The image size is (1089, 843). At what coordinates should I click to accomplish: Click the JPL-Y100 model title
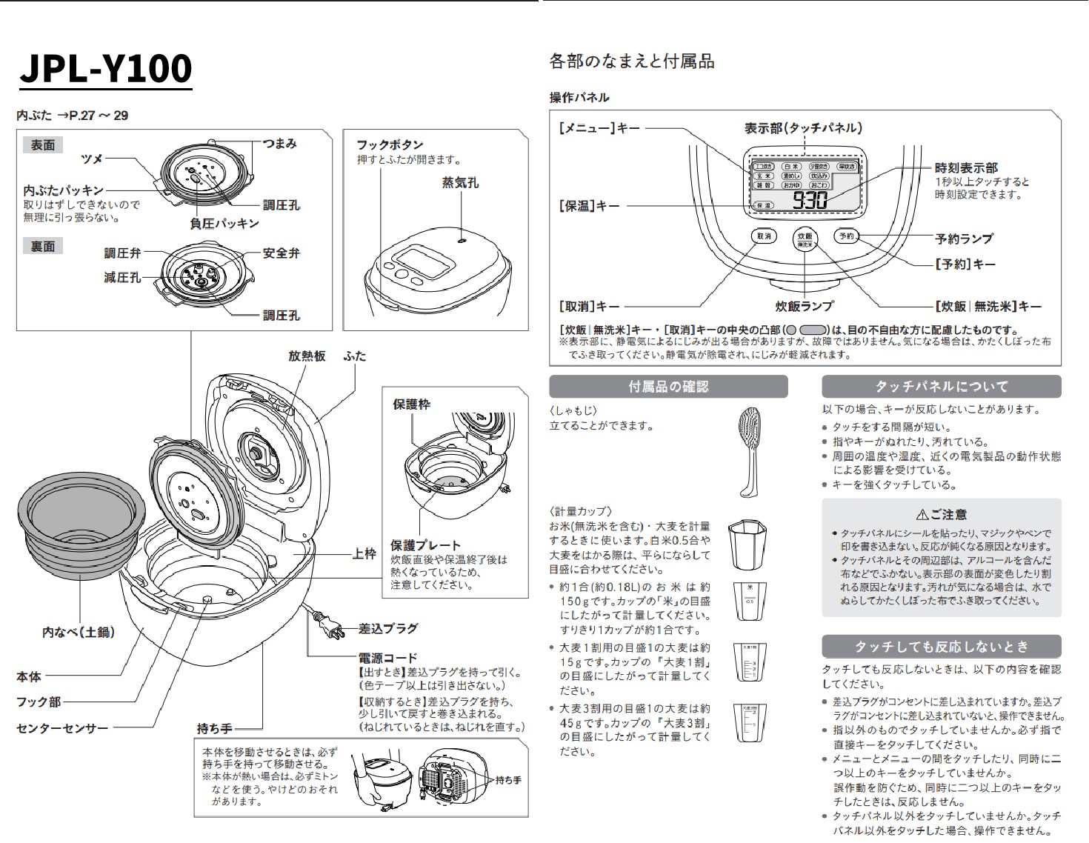point(106,69)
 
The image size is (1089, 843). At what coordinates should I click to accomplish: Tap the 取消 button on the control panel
point(764,236)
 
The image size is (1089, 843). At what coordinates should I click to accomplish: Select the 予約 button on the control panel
point(846,236)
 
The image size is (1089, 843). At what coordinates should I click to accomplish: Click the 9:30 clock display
point(810,199)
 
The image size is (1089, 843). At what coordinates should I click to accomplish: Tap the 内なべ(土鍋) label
point(78,632)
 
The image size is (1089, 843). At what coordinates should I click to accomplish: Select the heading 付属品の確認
point(668,387)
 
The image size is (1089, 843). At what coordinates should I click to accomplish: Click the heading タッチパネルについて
point(941,387)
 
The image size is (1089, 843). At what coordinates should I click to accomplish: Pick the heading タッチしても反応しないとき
point(941,647)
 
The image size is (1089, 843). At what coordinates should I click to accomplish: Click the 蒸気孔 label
point(460,182)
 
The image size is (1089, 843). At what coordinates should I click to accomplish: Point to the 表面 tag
point(43,145)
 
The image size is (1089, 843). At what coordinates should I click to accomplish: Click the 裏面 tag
point(43,246)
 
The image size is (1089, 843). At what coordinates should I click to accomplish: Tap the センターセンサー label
point(62,728)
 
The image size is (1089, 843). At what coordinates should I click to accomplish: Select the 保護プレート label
point(425,545)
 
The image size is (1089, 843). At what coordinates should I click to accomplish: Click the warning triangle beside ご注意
point(922,514)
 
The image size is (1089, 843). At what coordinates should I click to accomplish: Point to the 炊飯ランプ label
point(805,306)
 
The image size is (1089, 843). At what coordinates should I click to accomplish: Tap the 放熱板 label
point(307,356)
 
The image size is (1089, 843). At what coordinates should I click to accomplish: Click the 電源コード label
point(388,658)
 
